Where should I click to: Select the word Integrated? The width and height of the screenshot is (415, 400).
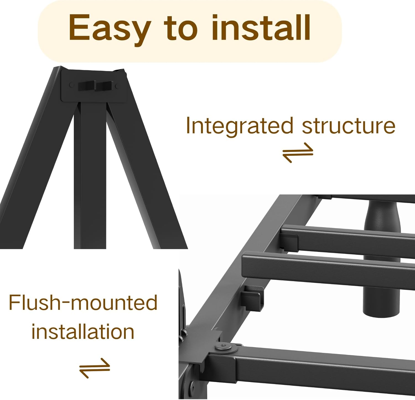click(239, 126)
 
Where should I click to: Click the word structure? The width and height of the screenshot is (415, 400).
click(348, 126)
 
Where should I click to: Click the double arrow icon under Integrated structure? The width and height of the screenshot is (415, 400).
click(298, 152)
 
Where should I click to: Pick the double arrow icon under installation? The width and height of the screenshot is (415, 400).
click(95, 368)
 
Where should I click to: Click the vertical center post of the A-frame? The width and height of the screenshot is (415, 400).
click(90, 177)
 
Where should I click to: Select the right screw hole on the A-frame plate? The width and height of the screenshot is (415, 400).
click(117, 87)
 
